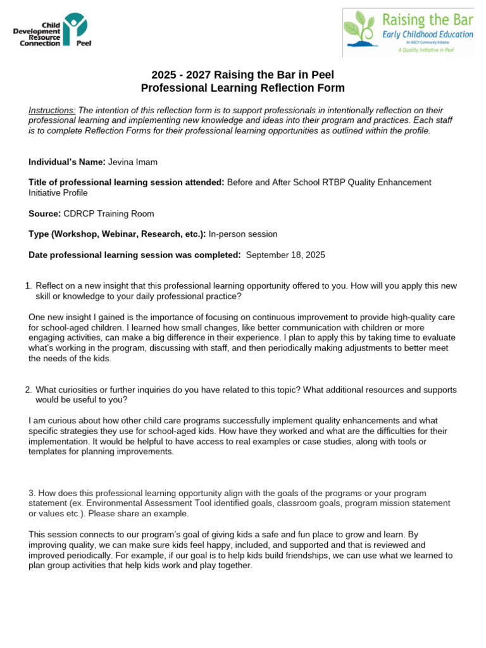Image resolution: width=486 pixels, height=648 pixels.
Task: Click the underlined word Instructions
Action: coord(52,110)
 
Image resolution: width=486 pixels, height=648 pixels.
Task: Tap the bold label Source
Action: coord(44,213)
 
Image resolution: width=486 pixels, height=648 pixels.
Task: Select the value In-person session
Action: coord(243,234)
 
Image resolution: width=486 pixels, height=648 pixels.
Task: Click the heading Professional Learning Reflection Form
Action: coord(243,88)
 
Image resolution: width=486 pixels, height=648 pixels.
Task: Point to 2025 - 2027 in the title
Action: coord(181,75)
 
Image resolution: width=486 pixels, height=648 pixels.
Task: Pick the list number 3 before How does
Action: coord(32,493)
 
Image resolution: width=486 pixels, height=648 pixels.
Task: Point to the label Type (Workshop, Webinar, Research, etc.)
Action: coord(117,234)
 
